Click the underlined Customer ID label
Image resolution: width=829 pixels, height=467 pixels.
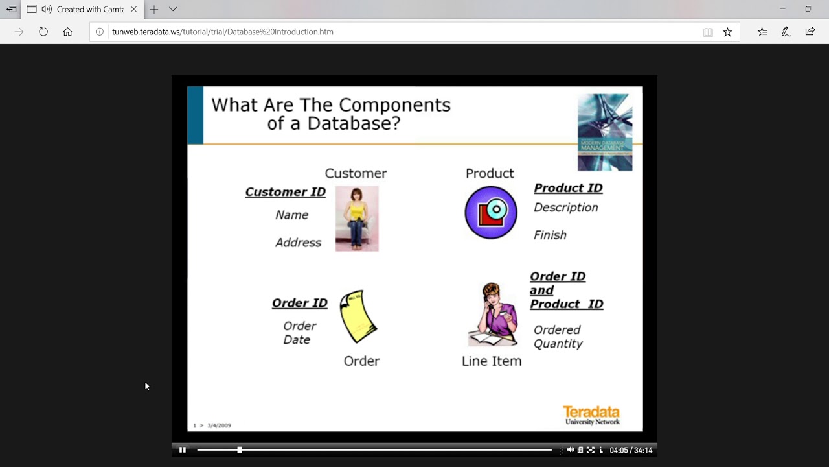285,192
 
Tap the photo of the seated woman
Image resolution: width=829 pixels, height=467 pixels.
357,219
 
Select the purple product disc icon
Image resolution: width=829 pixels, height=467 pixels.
491,213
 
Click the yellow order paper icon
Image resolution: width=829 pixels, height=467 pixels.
358,317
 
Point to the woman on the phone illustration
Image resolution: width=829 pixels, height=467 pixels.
494,315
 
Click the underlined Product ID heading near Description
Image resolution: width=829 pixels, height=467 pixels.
568,188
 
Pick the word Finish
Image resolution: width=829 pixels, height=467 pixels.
550,235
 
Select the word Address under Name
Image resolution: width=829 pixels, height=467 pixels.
298,243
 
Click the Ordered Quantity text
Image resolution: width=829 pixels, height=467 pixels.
558,337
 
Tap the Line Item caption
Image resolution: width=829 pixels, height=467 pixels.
492,361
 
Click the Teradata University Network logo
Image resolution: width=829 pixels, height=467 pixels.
591,415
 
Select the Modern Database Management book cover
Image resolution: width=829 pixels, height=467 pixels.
605,132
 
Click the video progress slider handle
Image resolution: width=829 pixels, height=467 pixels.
240,449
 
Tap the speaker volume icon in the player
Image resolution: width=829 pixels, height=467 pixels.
570,450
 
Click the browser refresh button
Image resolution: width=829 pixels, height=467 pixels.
43,32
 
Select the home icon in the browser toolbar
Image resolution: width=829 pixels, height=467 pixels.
67,32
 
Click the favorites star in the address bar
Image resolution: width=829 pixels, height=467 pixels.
727,32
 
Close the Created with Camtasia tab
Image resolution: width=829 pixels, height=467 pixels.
133,9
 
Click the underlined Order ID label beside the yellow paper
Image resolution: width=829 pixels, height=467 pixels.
299,303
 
